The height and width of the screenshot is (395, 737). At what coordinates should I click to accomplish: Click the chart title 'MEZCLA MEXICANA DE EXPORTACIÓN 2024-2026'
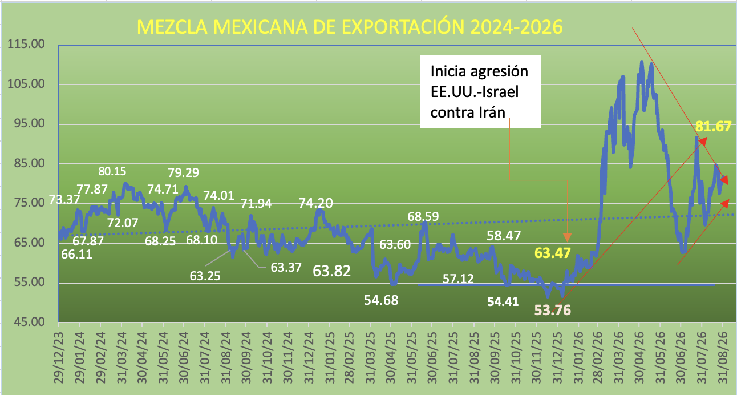350,27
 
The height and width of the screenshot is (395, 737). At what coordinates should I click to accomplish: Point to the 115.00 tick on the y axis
26,44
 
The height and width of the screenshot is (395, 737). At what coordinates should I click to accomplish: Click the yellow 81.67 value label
713,126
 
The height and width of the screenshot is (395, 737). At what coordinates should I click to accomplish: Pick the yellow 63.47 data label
552,253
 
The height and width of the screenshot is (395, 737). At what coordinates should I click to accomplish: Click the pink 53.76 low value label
552,310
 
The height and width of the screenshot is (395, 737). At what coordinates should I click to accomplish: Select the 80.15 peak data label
112,171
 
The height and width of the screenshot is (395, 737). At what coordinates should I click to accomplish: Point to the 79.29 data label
183,172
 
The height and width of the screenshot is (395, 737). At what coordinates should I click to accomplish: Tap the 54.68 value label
381,300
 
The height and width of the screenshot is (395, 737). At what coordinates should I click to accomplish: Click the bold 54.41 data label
503,301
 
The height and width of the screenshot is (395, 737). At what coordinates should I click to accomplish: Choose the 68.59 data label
423,216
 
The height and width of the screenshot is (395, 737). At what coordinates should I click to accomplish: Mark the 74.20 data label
315,203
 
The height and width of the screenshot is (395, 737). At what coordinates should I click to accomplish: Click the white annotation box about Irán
480,92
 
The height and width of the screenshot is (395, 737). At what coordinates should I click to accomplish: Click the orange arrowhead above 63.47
567,237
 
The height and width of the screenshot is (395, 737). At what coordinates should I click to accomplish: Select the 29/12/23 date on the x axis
59,358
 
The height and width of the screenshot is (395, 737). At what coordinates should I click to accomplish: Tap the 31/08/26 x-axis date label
723,358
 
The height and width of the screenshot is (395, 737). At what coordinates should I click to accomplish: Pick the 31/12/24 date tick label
309,358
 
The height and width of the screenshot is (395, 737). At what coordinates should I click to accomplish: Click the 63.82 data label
331,271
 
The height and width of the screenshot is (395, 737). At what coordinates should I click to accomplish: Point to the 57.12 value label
458,279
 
